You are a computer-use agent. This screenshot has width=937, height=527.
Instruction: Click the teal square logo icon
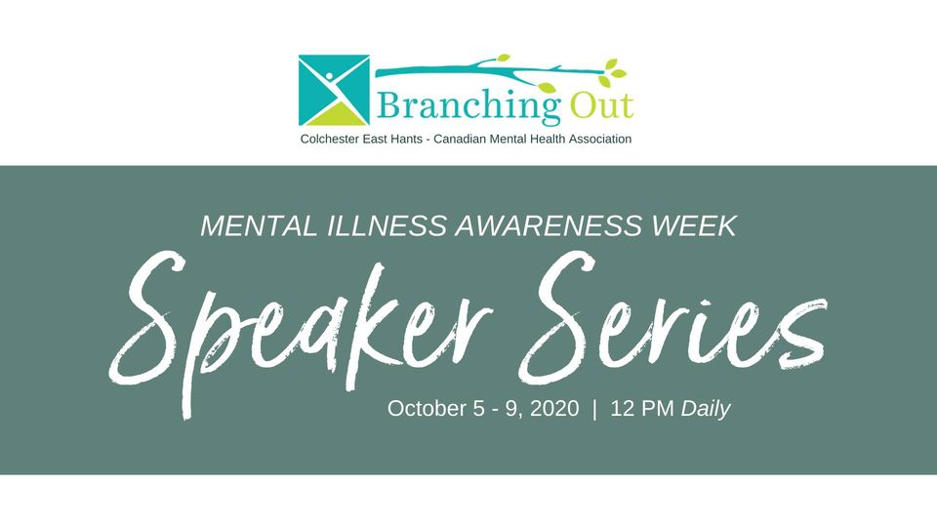(x=334, y=90)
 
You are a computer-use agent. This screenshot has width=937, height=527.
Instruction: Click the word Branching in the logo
(x=468, y=105)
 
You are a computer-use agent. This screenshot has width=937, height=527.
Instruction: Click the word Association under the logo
(x=600, y=140)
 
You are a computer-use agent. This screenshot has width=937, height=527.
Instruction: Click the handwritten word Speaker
(x=301, y=331)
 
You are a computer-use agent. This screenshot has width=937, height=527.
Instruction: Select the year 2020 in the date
(x=554, y=409)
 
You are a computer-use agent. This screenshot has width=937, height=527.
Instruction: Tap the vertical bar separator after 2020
(x=594, y=409)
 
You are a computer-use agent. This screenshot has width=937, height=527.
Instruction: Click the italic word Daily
(x=706, y=409)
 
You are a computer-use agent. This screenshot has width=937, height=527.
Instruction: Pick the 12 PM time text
(x=642, y=409)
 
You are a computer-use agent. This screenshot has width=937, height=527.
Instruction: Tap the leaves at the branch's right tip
(x=612, y=71)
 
